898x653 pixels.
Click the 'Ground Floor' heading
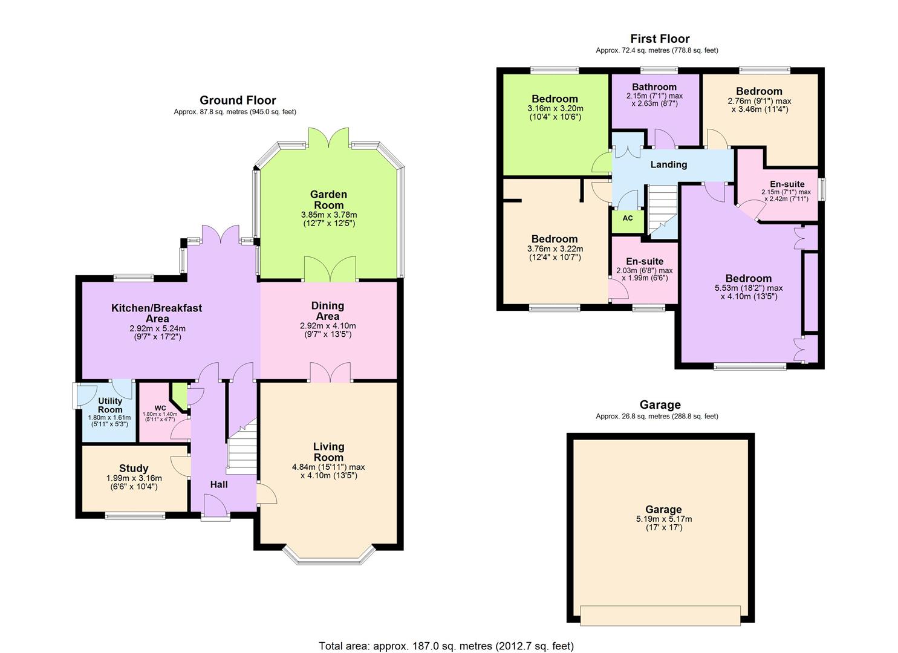pos(238,100)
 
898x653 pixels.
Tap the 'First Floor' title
pos(660,39)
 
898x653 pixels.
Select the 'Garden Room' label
pos(328,200)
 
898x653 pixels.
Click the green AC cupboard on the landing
pos(628,218)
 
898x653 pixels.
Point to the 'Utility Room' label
pos(110,405)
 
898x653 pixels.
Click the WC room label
pos(160,408)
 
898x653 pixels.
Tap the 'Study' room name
pos(134,468)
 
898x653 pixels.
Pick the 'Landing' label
pos(668,164)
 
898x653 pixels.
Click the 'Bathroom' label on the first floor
pos(654,87)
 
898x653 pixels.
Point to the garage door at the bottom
pos(660,616)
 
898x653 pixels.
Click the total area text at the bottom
pos(446,646)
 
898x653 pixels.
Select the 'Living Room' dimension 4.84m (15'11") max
pos(328,467)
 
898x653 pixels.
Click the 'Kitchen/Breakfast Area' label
pos(157,313)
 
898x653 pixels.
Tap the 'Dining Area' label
pos(328,311)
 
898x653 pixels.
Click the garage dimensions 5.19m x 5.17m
pos(663,519)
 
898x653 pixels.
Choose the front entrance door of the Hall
pos(216,507)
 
